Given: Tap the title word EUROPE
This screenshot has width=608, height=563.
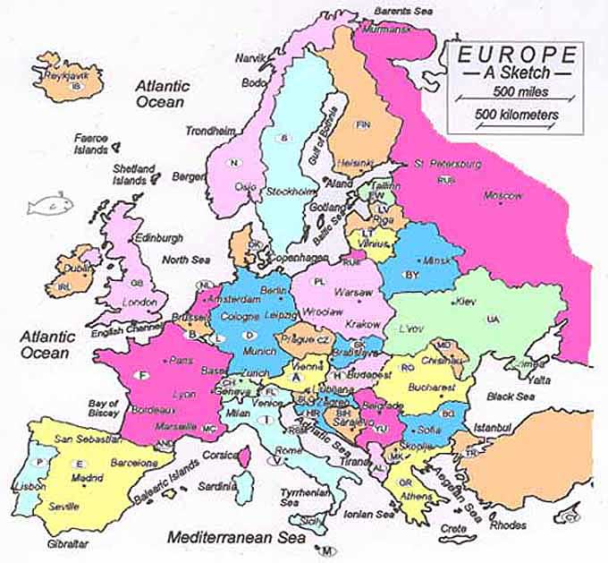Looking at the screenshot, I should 516,55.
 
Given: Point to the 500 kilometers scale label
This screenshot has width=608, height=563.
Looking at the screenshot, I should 518,115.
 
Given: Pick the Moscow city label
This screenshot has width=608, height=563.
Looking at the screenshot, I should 502,195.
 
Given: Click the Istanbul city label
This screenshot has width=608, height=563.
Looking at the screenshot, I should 492,428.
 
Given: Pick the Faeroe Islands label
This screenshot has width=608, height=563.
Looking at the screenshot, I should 90,144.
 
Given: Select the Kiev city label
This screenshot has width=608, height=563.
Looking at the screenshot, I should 467,302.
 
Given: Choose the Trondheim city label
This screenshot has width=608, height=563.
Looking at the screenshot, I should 209,131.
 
